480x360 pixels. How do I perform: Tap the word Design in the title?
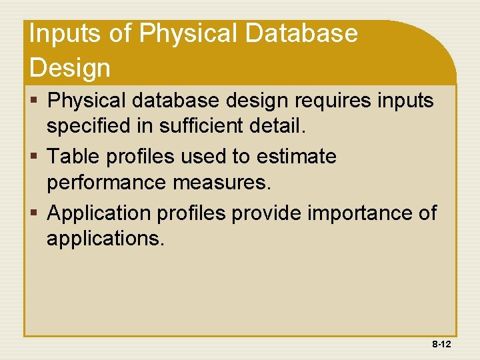(69, 68)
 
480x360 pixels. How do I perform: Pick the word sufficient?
(211, 125)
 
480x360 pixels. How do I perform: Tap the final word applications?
(105, 238)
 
